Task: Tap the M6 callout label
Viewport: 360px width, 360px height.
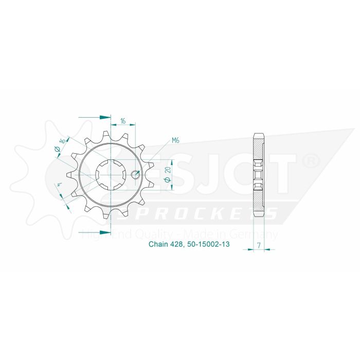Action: coord(175,140)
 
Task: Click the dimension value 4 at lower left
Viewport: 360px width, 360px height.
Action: coord(60,186)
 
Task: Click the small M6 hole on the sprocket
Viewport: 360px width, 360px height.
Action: coord(136,174)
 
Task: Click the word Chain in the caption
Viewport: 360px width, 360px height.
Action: coord(157,246)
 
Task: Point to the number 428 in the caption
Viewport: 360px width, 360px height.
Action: coord(177,246)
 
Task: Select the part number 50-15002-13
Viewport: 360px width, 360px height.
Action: coord(208,246)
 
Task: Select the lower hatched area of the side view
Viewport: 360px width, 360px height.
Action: coord(259,201)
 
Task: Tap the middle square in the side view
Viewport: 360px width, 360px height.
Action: coord(259,175)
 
